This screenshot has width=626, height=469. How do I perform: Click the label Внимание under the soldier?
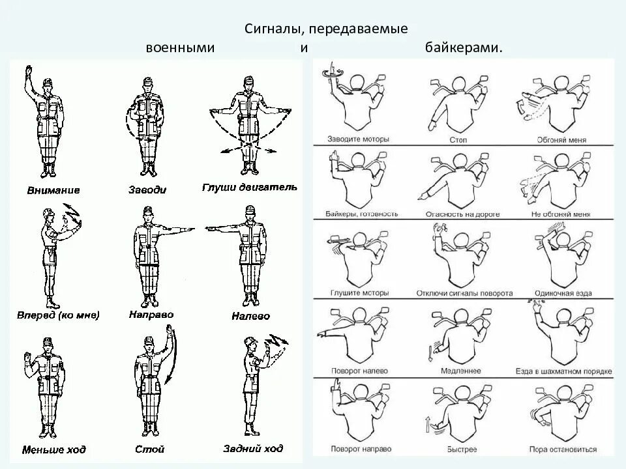pyautogui.click(x=53, y=190)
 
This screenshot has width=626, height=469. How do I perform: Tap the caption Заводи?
pyautogui.click(x=148, y=190)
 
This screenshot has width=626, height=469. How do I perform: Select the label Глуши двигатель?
pyautogui.click(x=250, y=188)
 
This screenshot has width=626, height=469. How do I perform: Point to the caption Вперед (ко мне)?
pyautogui.click(x=59, y=316)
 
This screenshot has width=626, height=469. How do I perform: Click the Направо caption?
pyautogui.click(x=151, y=315)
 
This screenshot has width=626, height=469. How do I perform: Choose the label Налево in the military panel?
pyautogui.click(x=250, y=317)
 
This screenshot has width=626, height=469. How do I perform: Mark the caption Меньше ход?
pyautogui.click(x=54, y=449)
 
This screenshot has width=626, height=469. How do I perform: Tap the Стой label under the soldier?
pyautogui.click(x=151, y=449)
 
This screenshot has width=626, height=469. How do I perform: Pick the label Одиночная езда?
pyautogui.click(x=563, y=293)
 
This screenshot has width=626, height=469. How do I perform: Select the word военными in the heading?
pyautogui.click(x=180, y=48)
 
